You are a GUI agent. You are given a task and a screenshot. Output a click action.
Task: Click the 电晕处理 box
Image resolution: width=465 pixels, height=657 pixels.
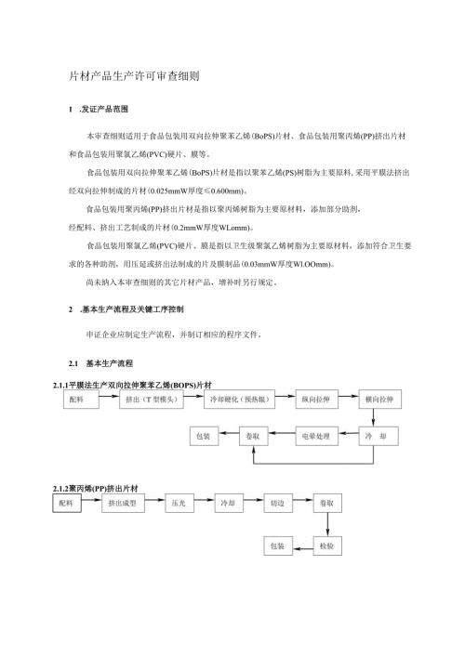click(318, 434)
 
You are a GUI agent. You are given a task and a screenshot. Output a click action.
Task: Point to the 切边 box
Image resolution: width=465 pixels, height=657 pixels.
click(277, 504)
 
